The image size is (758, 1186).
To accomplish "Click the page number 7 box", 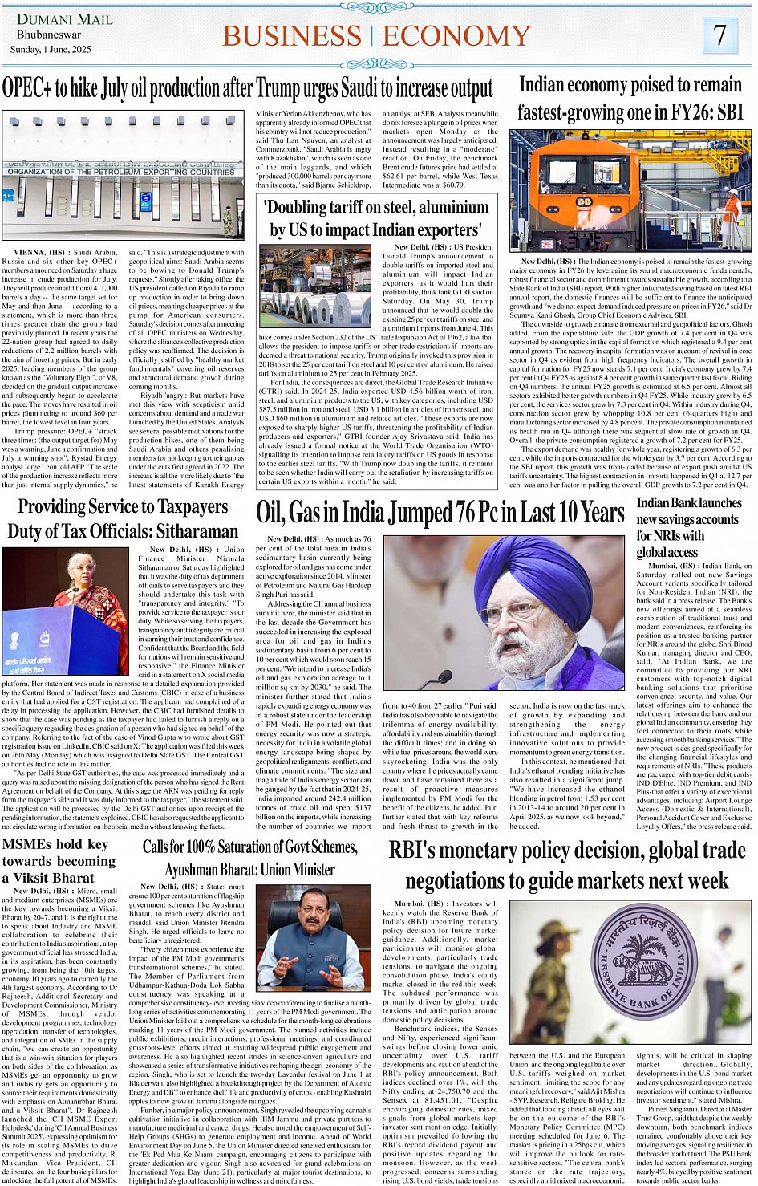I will pos(719,35).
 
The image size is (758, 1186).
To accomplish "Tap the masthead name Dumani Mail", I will pos(65,18).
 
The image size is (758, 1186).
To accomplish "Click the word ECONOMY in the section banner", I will pos(456,36).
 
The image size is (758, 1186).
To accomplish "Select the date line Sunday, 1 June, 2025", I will pos(51,49).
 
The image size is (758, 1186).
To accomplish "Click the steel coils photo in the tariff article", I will pos(314,287).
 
